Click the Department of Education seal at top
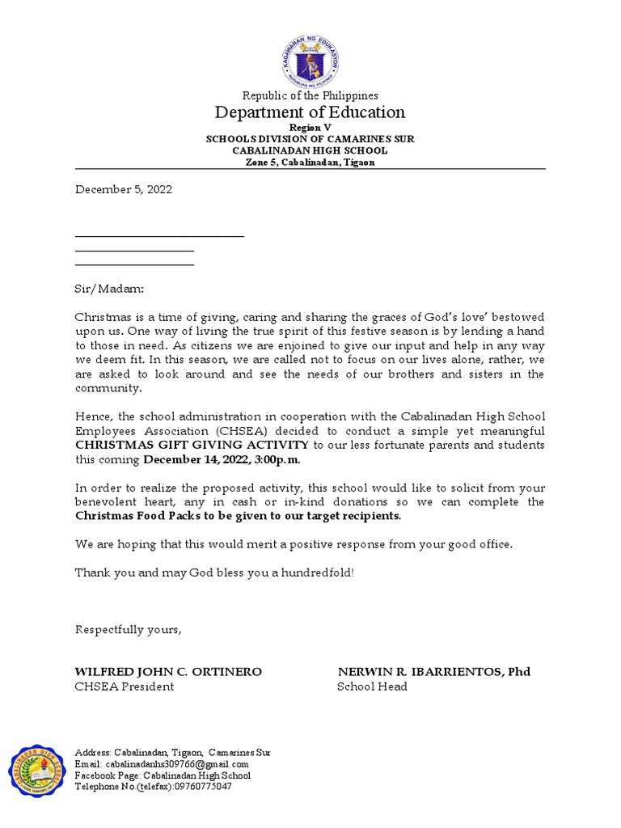coord(310,59)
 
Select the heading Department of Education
coord(310,112)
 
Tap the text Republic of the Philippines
coord(310,95)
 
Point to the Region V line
coord(310,129)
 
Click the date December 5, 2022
coord(124,190)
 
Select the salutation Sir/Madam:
coord(109,288)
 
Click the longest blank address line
coord(159,236)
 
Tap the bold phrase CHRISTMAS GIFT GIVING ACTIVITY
coord(192,445)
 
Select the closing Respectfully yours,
coord(129,630)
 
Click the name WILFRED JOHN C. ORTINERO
coord(168,672)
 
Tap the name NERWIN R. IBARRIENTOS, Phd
coord(433,672)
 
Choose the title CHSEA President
coord(125,686)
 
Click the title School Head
coord(372,686)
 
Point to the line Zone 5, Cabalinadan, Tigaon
coord(310,162)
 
